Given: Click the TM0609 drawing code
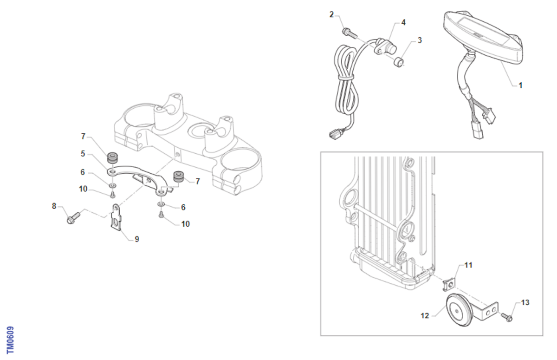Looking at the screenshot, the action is coord(10,340).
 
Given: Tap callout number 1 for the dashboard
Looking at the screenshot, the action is coord(520,85).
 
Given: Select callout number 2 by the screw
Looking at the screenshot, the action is coord(331,15).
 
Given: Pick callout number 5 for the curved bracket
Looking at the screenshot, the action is coord(83,154).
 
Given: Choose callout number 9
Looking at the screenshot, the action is coord(137,239).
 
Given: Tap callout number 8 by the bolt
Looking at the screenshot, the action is coord(54,206).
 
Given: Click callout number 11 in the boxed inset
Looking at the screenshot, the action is coord(468,265).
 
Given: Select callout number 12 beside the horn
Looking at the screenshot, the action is coord(425,316).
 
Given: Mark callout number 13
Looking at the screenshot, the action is coord(525,302).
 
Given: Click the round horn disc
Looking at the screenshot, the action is coord(458,310).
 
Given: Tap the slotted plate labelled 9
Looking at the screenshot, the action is coord(116,217).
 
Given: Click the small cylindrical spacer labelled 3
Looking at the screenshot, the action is coord(398,62).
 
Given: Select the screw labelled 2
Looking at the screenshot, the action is coord(350,33).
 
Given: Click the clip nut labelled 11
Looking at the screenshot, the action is coord(450,285).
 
